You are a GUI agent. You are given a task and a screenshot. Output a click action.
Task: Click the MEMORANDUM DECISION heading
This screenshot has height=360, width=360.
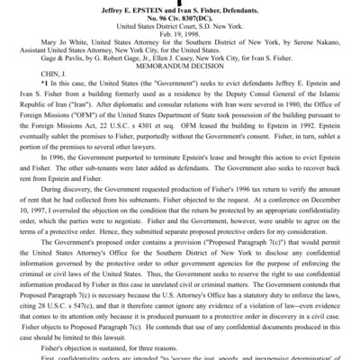point(180,70)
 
